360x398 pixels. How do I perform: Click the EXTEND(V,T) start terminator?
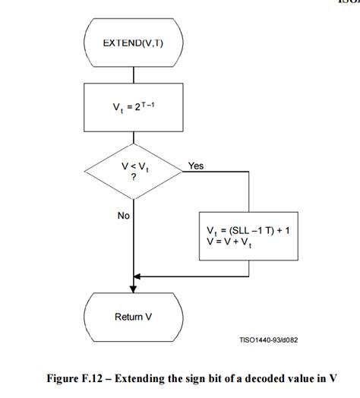pos(134,43)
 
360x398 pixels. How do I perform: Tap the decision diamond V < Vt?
pos(134,174)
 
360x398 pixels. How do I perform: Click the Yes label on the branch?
pos(196,166)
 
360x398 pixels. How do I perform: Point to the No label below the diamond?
pos(124,216)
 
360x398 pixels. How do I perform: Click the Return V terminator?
pos(134,317)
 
